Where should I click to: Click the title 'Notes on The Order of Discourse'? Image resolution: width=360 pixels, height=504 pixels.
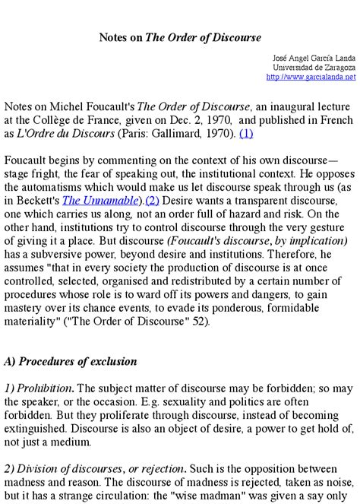(x=180, y=36)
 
